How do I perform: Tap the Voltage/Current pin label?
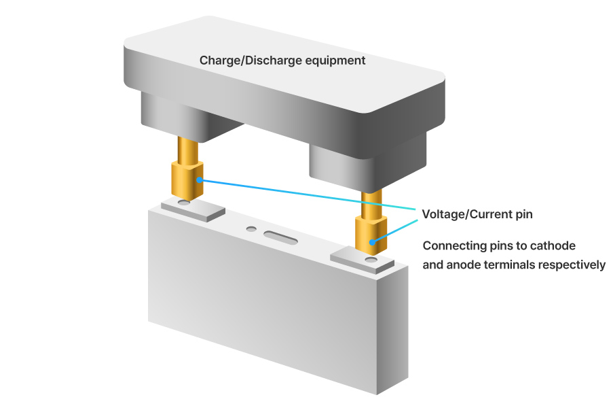coord(477,214)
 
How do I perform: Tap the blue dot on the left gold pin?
coord(198,180)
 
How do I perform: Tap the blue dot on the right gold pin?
coord(371,242)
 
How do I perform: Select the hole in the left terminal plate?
coord(183,203)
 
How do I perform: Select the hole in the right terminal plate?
coord(371,260)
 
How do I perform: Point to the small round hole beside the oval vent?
coord(252,229)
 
